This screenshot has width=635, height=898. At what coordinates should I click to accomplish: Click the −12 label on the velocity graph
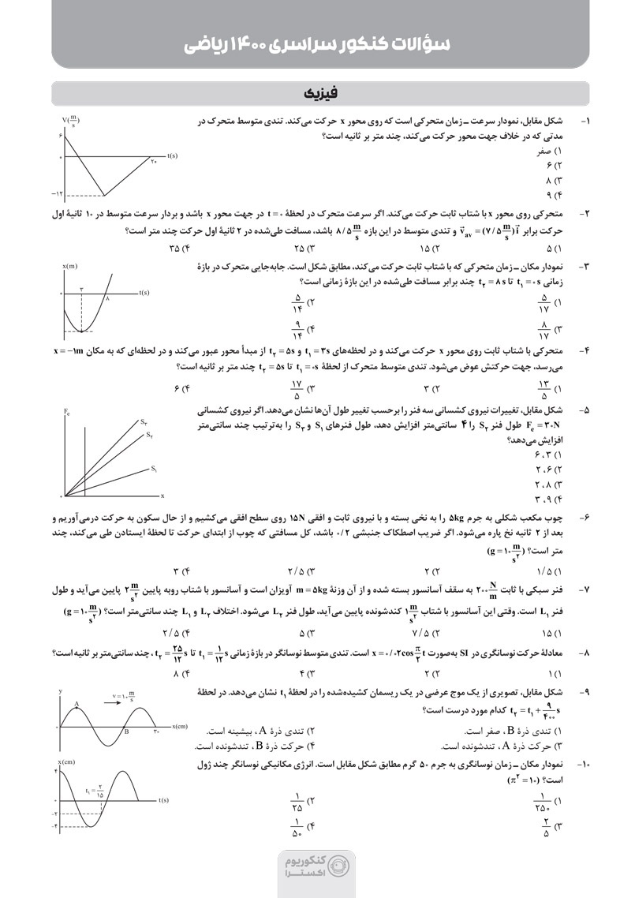pyautogui.click(x=56, y=193)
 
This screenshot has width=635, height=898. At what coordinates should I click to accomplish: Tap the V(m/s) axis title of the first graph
pyautogui.click(x=71, y=122)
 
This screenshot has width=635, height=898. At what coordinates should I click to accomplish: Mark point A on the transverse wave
pyautogui.click(x=77, y=703)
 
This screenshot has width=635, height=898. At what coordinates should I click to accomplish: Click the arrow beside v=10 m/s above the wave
pyautogui.click(x=107, y=698)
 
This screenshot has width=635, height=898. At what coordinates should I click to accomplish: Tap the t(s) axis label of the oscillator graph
pyautogui.click(x=164, y=800)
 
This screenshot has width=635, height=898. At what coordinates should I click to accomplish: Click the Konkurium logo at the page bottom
pyautogui.click(x=317, y=869)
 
